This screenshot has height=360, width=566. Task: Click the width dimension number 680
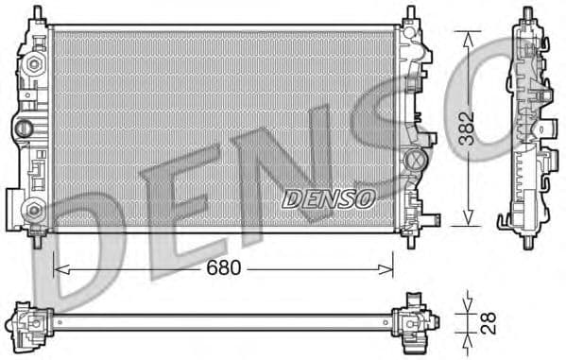(224, 267)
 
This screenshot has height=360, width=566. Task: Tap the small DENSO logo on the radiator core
(329, 197)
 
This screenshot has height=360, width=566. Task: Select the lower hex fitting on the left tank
(34, 210)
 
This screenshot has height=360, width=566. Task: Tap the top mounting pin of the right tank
(411, 13)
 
